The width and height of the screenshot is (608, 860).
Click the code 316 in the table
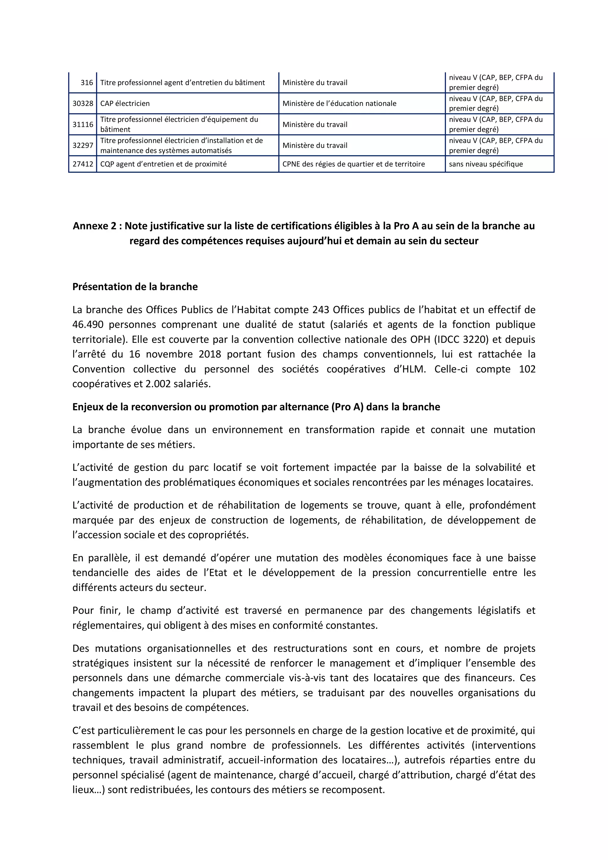86,83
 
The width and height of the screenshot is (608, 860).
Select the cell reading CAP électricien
125,103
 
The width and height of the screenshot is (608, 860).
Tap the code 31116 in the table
83,124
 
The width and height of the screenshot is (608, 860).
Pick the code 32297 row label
83,145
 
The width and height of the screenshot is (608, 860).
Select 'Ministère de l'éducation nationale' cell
339,103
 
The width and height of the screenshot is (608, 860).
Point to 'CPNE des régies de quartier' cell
353,164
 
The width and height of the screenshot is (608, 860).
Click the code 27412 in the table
83,164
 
